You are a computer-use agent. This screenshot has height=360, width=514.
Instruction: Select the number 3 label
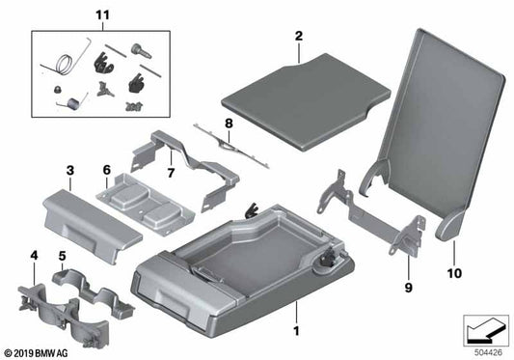coord(70,171)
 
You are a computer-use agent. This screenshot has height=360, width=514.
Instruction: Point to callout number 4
coord(35,257)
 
